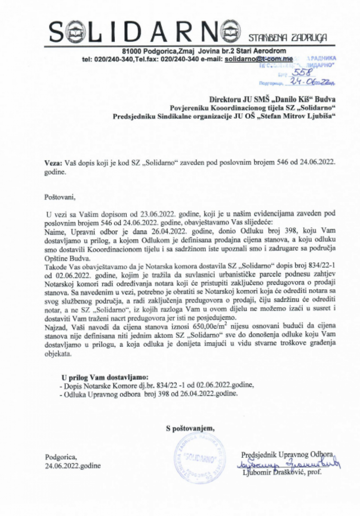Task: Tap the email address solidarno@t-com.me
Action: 258,59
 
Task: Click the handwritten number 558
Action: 302,72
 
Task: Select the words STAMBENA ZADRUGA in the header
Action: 288,38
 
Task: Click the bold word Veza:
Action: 53,162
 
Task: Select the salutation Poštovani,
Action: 60,197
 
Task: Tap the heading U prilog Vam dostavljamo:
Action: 105,377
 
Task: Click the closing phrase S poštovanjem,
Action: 190,428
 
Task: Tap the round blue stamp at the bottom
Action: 200,459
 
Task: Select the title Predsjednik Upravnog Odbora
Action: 287,454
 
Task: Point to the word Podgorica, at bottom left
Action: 61,457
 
